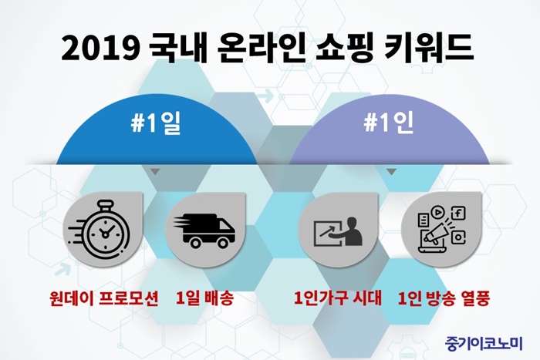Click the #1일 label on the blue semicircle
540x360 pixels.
coord(156,123)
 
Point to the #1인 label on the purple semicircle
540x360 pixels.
coord(389,123)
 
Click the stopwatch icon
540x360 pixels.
coord(100,228)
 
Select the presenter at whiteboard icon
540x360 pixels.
coord(338,231)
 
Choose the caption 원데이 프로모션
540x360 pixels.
coord(103,298)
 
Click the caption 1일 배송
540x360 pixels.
coord(204,298)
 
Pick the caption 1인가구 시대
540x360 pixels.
coord(338,298)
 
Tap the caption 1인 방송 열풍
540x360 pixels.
coord(444,298)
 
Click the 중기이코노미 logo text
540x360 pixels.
coord(484,343)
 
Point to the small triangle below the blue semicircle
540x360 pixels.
coord(155,171)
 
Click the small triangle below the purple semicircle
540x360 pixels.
coord(391,171)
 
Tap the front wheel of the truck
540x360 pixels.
coord(223,243)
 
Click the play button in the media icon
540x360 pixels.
coord(437,212)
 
